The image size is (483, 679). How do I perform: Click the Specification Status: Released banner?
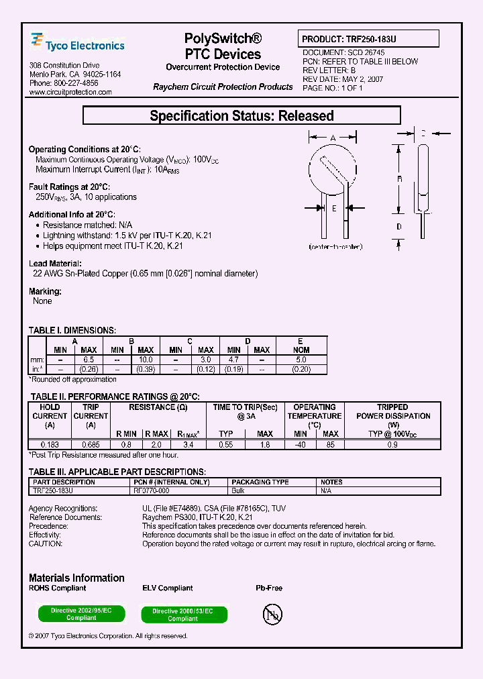241,116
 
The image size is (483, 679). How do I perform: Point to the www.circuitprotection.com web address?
70,93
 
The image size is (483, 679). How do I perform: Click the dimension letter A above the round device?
333,138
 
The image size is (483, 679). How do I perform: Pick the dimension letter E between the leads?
333,209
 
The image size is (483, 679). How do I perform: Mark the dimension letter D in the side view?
398,227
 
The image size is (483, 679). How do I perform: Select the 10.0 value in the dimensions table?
146,360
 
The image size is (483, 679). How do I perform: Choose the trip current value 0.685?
91,443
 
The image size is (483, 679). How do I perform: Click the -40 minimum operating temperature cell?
300,443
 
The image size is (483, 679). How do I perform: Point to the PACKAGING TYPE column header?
260,482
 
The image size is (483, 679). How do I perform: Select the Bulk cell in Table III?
239,490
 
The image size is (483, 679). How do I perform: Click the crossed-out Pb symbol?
272,614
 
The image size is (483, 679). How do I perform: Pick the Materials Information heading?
76,578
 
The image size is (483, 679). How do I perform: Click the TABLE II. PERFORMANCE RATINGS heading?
114,397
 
